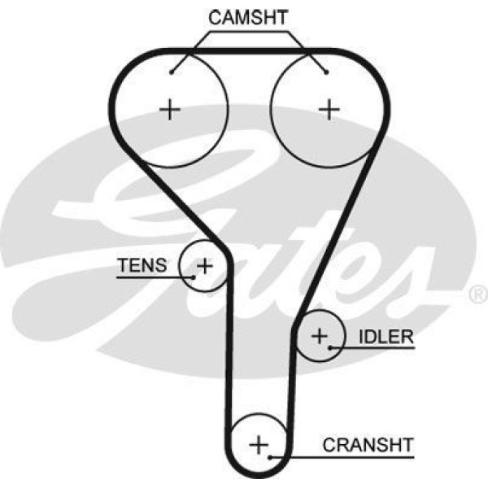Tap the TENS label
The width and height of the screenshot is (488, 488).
pos(142,265)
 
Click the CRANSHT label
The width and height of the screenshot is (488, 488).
pos(368,445)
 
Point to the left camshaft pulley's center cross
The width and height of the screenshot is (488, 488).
pos(170,109)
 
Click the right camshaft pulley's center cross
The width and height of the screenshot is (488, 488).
pos(329,109)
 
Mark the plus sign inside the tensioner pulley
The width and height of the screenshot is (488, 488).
pos(205,265)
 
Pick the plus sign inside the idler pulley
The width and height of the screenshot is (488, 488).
pos(320,334)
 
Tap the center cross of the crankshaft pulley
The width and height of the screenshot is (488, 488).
pos(258,444)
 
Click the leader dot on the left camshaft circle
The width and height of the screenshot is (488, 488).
pos(172,72)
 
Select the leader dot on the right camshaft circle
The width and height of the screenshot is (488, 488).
pos(325,72)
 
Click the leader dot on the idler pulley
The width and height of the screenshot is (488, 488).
pos(332,347)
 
